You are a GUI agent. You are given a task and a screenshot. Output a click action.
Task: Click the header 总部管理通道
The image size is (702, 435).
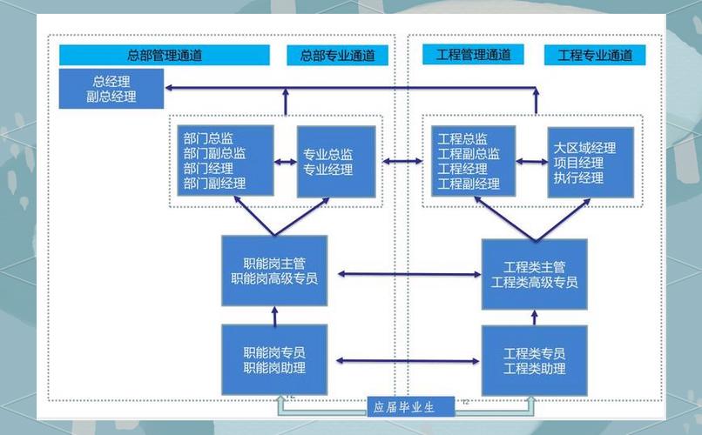[x=165, y=55]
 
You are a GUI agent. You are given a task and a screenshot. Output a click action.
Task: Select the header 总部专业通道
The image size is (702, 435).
[x=338, y=55]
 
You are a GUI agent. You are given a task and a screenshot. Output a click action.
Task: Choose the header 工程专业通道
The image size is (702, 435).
[x=595, y=55]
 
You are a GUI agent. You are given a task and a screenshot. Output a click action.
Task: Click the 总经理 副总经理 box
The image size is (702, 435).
[x=111, y=89]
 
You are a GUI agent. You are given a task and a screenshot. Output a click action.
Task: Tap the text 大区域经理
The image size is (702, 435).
[x=584, y=146]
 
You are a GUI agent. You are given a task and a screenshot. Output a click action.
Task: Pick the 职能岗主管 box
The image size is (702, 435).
[x=274, y=270]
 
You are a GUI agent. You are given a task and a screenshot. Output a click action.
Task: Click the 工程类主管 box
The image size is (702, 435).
[x=534, y=273]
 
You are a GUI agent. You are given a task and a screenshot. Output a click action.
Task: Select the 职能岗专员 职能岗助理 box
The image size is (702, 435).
[x=274, y=360]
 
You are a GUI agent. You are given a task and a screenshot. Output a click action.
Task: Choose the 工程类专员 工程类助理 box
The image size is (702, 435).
[x=534, y=360]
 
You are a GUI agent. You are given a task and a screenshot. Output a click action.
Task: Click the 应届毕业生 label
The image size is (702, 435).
[x=403, y=406]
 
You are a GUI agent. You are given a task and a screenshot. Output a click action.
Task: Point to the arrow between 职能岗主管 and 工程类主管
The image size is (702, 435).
[x=405, y=274]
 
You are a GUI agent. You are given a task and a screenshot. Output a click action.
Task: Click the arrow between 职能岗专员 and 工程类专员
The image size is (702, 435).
[x=405, y=360]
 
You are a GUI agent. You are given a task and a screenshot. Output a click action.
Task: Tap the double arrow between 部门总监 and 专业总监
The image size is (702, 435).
[x=286, y=161]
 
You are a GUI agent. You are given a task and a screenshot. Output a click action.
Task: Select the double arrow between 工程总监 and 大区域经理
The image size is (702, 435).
[x=530, y=161]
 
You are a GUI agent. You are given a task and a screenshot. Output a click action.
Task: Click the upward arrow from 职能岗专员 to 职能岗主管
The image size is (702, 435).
[x=274, y=315]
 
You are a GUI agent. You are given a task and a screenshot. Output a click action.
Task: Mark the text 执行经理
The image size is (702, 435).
[x=578, y=177]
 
